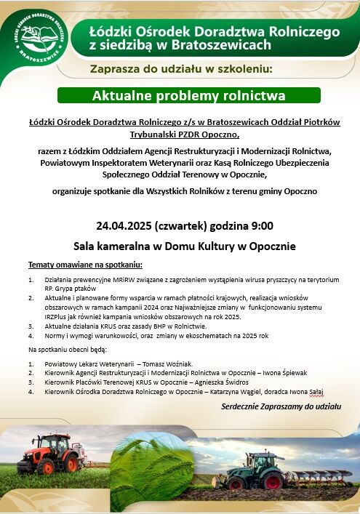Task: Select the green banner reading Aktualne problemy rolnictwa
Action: pos(189,96)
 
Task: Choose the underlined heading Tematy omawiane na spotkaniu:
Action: pos(85,264)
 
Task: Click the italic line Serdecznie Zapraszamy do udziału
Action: pos(281,406)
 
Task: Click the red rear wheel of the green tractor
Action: pos(273,482)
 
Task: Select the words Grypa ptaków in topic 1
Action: pos(73,289)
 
